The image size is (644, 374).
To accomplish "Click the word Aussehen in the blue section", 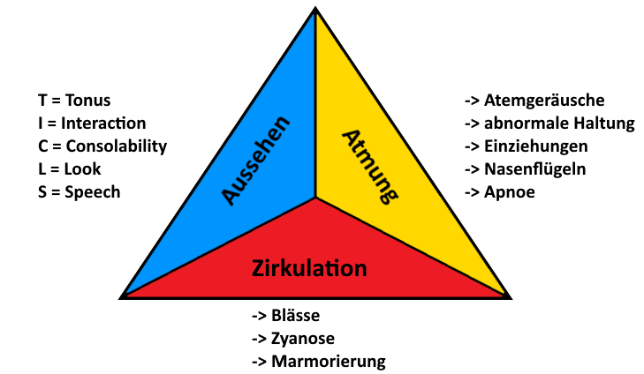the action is coord(255,161).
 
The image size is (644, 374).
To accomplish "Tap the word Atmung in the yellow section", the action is coord(370,167).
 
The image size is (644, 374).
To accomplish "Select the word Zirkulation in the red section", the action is coord(309,268).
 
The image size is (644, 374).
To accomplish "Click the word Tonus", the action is coord(87,101).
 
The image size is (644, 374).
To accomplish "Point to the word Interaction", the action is coord(103,123).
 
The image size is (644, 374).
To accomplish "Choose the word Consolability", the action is coord(117,146).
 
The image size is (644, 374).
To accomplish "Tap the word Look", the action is coord(82,169).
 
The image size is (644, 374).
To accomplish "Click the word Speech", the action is coord(93,192).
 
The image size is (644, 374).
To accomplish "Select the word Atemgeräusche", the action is coord(544,101).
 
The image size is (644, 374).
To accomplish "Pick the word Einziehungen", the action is coord(536,146).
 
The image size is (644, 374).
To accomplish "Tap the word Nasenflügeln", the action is coord(535,169).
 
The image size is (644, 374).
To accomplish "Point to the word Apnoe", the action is coord(510,192).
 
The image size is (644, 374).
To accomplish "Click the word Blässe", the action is coord(295,316).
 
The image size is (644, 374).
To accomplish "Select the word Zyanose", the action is coord(303,339).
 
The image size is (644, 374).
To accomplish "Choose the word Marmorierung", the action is coord(329,363).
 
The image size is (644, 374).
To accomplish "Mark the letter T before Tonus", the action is coord(42,101).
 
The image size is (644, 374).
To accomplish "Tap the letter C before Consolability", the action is coord(43,146).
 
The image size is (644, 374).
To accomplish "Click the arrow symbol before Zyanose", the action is coord(260,339).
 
